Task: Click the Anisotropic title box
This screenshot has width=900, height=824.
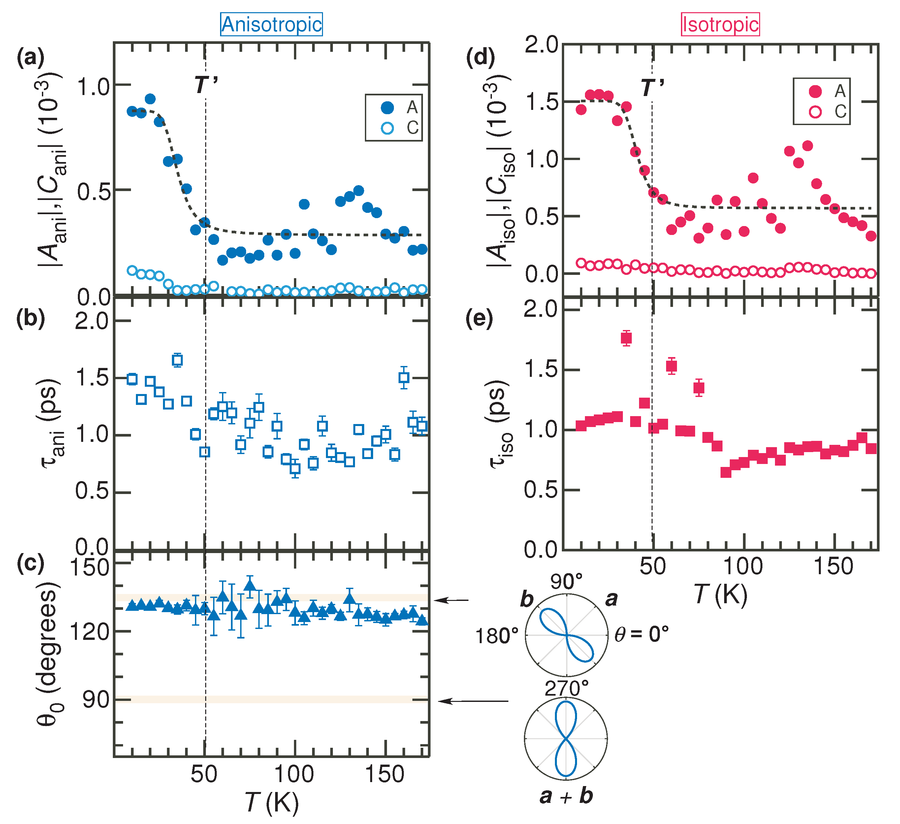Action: [x=272, y=24]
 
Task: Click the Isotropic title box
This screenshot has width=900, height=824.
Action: [x=720, y=24]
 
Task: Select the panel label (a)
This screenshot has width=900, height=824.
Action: [x=30, y=58]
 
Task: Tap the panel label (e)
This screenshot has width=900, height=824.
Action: [x=479, y=319]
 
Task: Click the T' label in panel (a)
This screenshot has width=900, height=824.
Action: [x=206, y=84]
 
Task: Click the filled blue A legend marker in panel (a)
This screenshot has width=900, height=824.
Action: [x=387, y=107]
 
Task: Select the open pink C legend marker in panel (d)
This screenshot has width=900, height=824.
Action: [x=815, y=112]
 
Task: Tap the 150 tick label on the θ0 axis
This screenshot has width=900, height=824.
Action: [x=90, y=568]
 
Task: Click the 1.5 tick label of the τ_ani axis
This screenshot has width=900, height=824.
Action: [x=91, y=378]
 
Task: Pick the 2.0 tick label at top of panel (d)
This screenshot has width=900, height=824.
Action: [x=541, y=45]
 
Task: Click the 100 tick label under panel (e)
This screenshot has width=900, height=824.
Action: [x=742, y=567]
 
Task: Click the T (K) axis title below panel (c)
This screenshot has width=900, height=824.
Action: [x=272, y=802]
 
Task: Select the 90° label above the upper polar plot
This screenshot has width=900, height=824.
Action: [x=566, y=582]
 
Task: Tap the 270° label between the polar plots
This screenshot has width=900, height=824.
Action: [x=566, y=689]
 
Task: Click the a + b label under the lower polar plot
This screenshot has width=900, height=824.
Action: [x=566, y=796]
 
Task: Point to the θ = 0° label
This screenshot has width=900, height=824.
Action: [x=642, y=634]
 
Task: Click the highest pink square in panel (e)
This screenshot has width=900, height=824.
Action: [x=627, y=338]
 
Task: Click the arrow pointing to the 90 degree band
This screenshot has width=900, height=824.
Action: [x=473, y=701]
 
